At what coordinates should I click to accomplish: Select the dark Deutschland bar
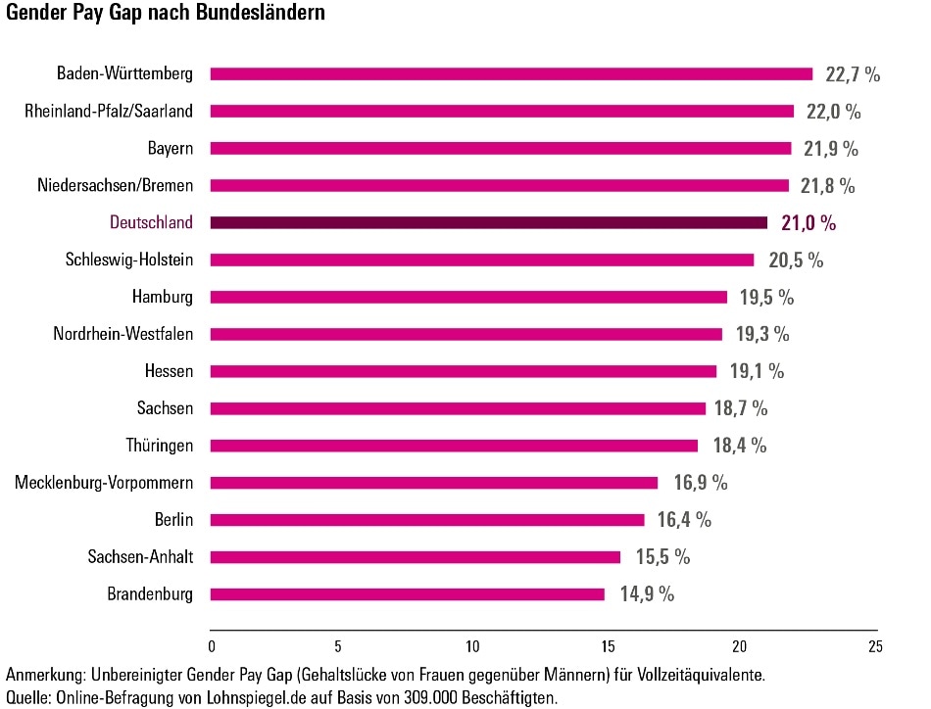click(489, 223)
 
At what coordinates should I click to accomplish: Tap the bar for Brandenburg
click(408, 594)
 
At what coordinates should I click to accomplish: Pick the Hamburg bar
click(469, 297)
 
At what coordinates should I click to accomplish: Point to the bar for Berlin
click(427, 520)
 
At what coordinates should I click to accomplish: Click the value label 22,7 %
click(852, 74)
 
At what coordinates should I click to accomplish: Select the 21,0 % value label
click(808, 223)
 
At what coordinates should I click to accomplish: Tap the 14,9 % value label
click(646, 594)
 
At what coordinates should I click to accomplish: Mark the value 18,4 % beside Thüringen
click(739, 446)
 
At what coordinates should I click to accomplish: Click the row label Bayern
click(170, 149)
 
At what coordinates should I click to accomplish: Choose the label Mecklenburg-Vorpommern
click(104, 483)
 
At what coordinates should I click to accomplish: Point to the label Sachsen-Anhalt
click(140, 557)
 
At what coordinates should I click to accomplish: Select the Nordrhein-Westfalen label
click(123, 334)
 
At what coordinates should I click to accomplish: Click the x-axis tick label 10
click(473, 647)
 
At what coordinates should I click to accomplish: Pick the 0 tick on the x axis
click(212, 647)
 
